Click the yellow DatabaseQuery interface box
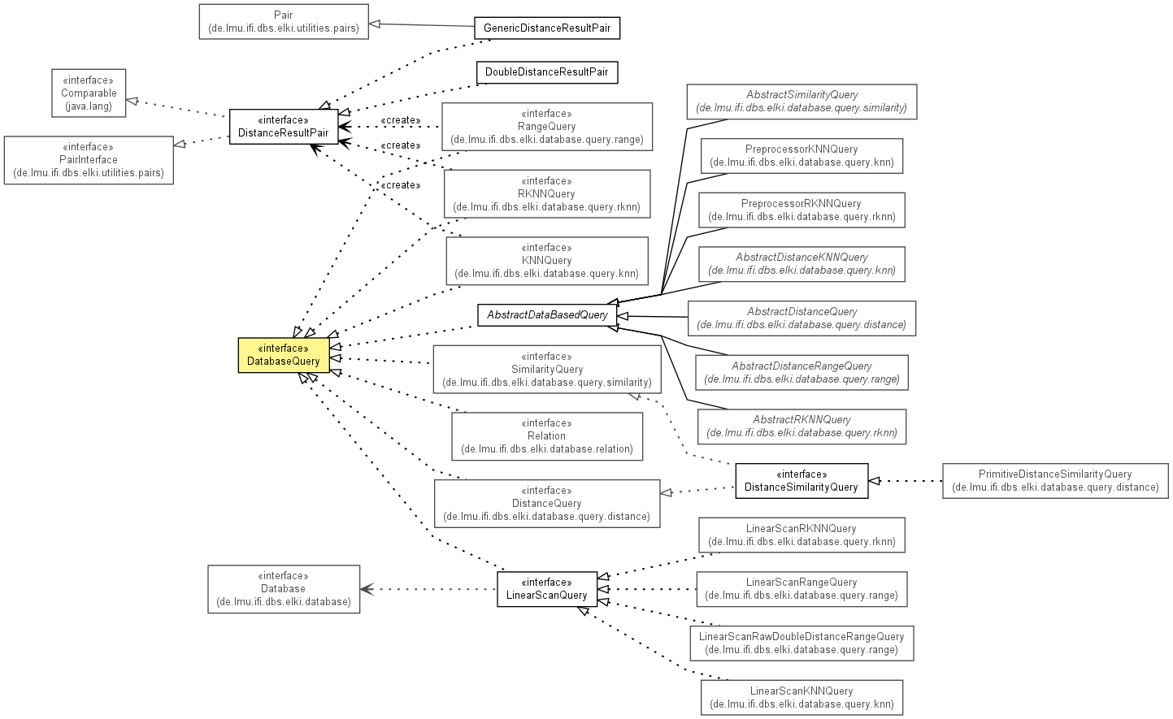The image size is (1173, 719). pos(284,355)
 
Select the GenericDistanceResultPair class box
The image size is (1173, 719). pos(547,28)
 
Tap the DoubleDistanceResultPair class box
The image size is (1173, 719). pos(547,72)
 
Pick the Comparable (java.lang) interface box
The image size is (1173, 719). pos(89,93)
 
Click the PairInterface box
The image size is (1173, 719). pos(89,160)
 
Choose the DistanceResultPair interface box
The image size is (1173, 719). pos(284,127)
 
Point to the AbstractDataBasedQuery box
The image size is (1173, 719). pos(547,315)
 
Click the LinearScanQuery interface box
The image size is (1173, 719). pos(547,589)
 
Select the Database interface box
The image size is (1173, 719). pos(284,589)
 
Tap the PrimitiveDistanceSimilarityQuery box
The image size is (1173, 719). pos(1055,480)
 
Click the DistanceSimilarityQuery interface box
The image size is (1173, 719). pos(802,480)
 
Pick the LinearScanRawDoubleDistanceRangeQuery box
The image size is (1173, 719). pos(802,643)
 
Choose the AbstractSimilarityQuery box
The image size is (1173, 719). pos(802,102)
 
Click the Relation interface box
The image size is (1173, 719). pos(547,436)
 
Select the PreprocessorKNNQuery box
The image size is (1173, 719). pos(802,156)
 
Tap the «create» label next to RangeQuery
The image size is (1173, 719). pos(401,120)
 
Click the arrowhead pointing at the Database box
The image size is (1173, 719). pos(367,589)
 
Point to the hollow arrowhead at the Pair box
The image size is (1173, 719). pos(375,24)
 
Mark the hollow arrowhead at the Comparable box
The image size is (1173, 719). pos(133,101)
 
